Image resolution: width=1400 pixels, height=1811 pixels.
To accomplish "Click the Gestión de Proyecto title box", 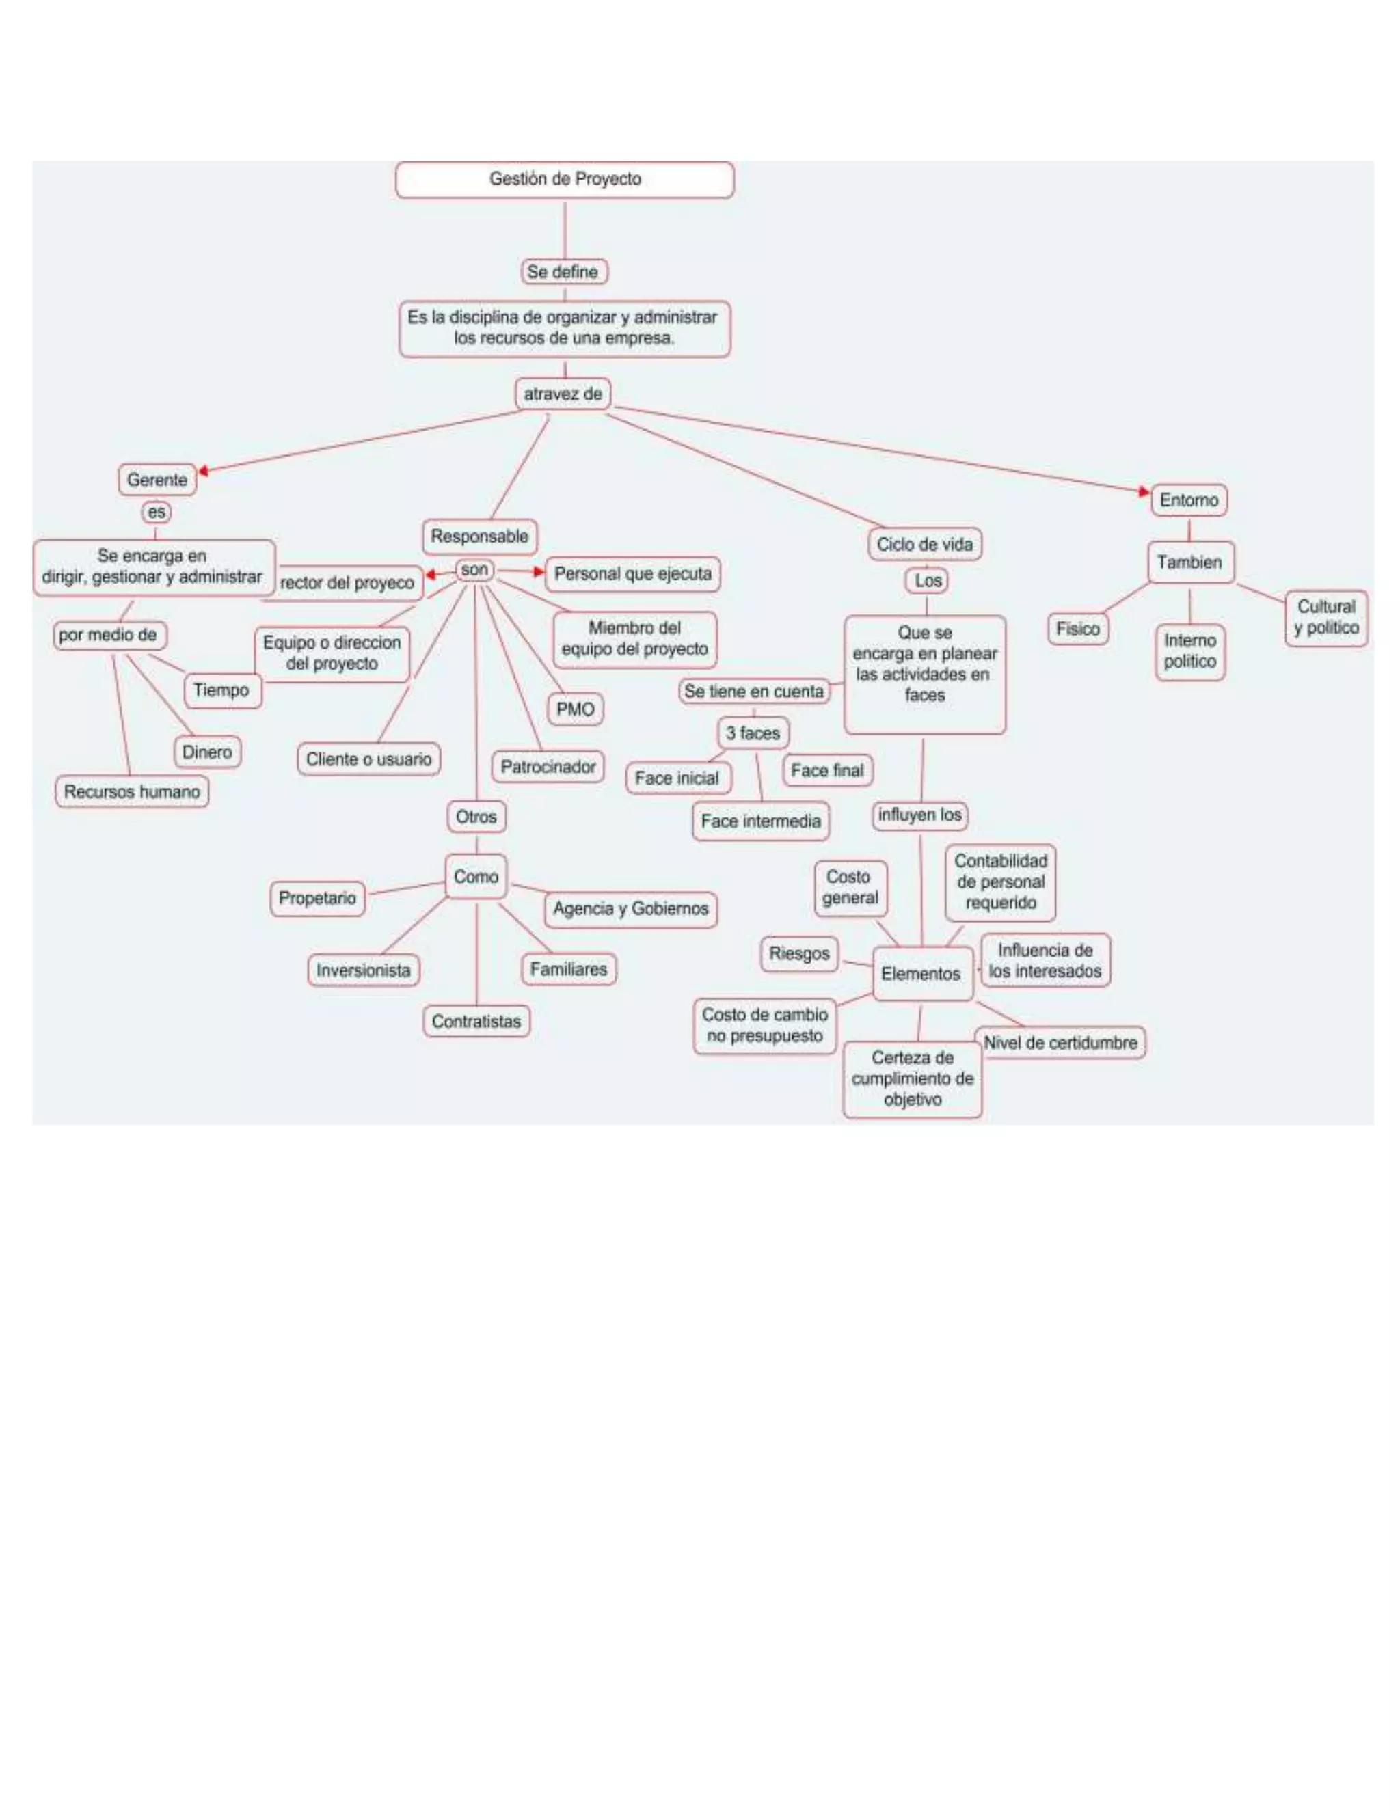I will click(565, 179).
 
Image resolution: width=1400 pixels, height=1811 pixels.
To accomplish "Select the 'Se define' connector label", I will click(563, 272).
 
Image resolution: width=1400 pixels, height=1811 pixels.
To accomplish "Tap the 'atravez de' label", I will click(563, 394).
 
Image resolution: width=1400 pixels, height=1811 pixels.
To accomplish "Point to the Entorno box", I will click(1189, 500).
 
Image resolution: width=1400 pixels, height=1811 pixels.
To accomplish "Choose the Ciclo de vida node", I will click(925, 545).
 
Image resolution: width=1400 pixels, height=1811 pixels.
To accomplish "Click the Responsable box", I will click(479, 536).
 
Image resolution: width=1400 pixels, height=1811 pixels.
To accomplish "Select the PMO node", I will click(575, 710).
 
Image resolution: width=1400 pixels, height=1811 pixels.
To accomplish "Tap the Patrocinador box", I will click(548, 767).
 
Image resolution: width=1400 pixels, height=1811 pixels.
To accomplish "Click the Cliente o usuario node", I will click(369, 759).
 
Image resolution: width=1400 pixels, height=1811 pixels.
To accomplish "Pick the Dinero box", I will click(207, 752).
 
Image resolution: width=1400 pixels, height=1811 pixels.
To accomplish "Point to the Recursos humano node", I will click(132, 792).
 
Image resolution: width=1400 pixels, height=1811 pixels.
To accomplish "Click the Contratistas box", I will click(476, 1022).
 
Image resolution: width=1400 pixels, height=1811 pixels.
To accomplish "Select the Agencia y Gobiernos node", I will click(630, 909).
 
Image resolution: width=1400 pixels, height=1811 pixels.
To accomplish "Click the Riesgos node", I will click(800, 953).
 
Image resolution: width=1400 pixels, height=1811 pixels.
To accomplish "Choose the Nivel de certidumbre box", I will click(1060, 1043).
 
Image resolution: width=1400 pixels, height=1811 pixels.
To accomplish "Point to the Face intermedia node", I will click(761, 821).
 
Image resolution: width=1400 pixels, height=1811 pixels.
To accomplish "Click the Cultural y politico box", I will click(1326, 618).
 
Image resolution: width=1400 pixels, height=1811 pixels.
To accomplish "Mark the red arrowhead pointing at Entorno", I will click(1144, 492).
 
